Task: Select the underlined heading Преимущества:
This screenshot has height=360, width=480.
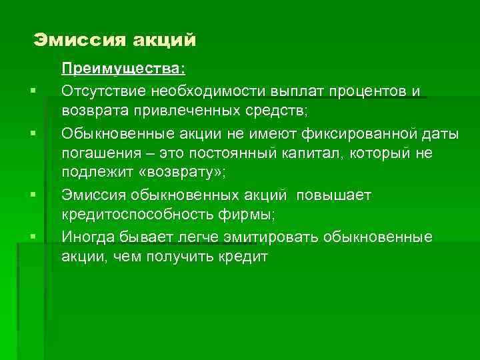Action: tap(124, 69)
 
